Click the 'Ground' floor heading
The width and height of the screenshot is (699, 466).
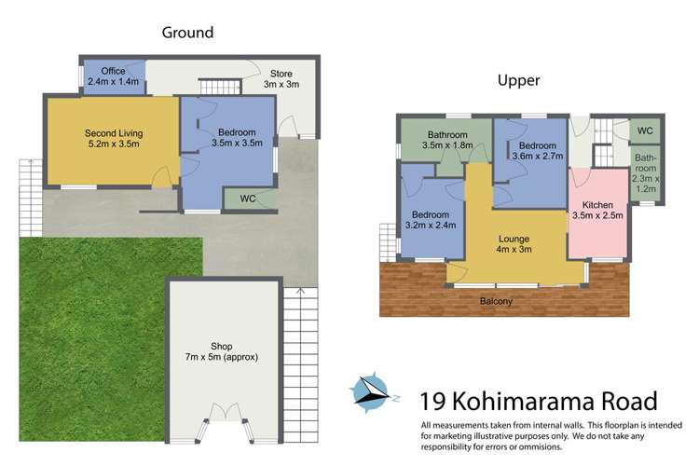coord(187,33)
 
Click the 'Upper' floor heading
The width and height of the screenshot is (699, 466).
coord(518,81)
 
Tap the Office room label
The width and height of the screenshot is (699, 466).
coord(113,76)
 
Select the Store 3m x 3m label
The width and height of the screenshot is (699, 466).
coord(282,78)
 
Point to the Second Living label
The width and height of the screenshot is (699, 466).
coord(112,138)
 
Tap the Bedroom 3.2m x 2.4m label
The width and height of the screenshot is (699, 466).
coord(431,220)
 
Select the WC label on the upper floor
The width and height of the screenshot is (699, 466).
coord(645,130)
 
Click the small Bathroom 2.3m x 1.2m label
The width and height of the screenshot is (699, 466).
coord(645,172)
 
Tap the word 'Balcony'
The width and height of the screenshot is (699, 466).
coord(496,302)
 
